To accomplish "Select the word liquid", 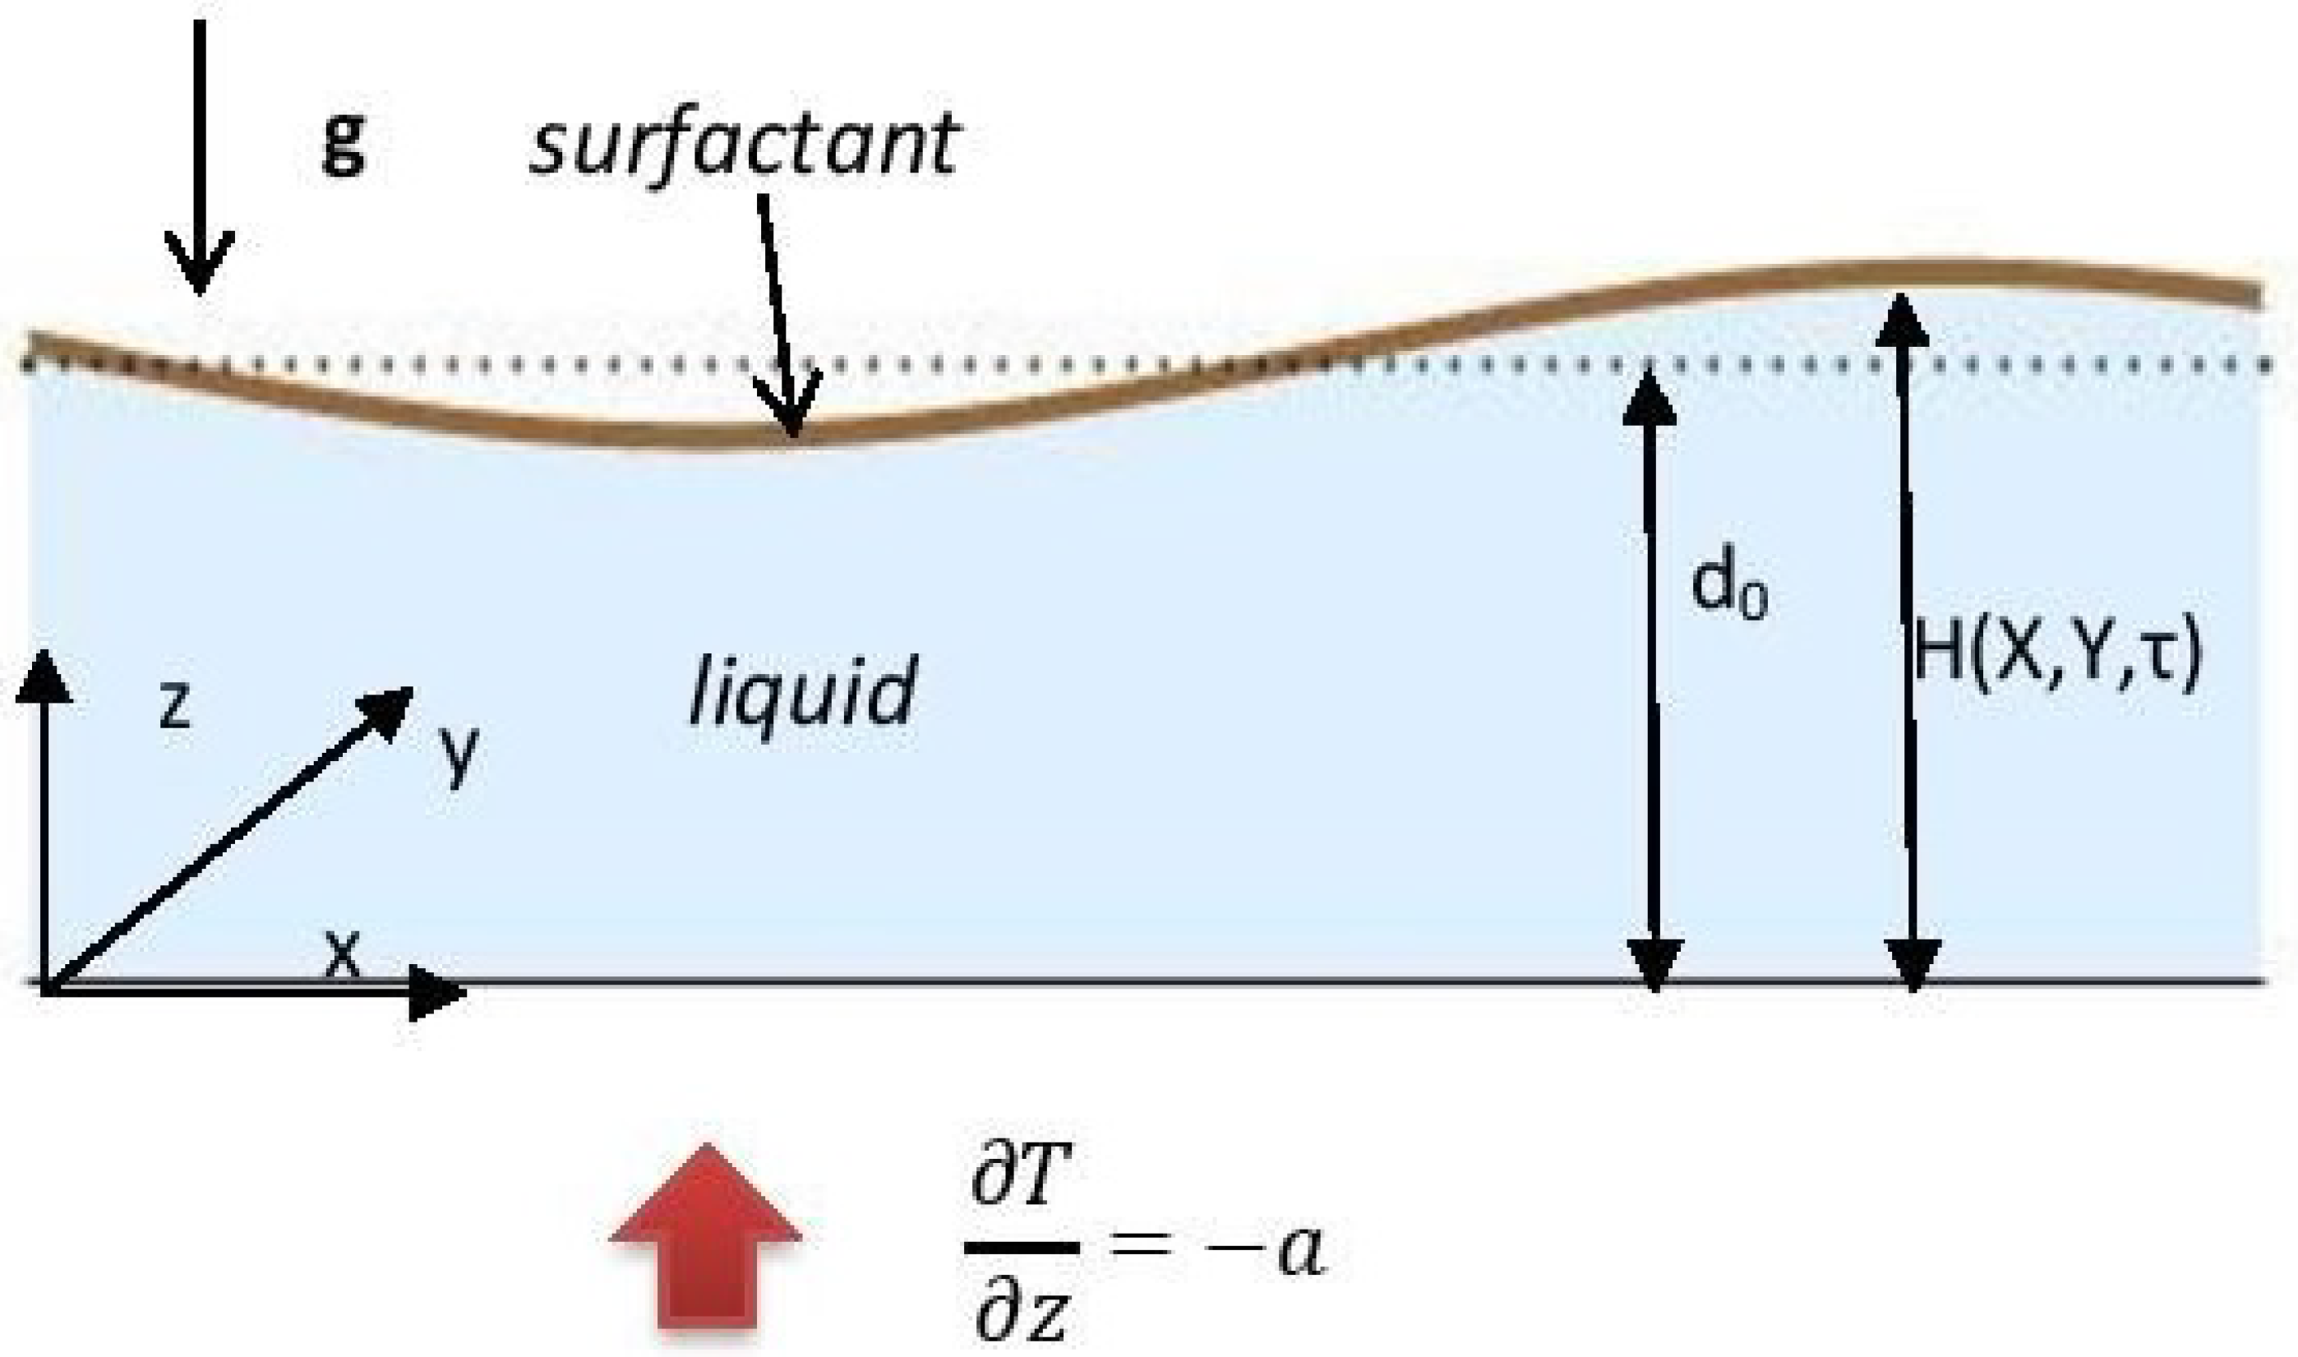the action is (x=801, y=693).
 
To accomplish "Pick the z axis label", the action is (x=174, y=705).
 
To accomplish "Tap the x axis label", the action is (x=343, y=953).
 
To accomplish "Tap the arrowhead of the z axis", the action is (x=43, y=676).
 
